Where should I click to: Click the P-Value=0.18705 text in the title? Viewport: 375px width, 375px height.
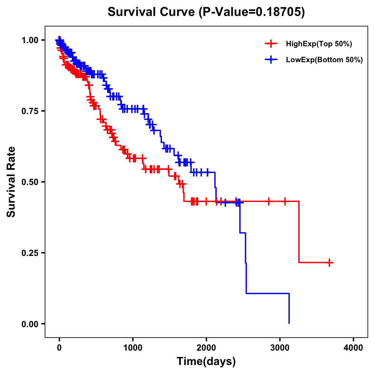(x=252, y=12)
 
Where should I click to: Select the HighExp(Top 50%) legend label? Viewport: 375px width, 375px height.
(x=319, y=44)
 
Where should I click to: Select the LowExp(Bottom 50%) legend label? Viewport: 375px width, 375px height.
(x=324, y=60)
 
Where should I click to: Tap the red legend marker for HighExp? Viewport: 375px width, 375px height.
(x=271, y=44)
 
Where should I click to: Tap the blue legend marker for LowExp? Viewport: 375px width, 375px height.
(x=271, y=59)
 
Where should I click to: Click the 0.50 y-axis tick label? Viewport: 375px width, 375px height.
(x=30, y=182)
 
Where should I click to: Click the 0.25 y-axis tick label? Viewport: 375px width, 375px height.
(x=30, y=253)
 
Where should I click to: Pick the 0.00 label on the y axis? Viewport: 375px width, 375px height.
(x=30, y=324)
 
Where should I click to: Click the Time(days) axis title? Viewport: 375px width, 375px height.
(x=206, y=362)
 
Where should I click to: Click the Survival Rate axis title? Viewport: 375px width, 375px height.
(x=12, y=182)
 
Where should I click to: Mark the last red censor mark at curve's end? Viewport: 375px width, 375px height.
(x=329, y=262)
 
